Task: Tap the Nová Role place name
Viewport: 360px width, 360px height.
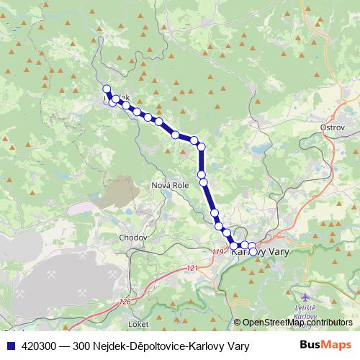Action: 170,185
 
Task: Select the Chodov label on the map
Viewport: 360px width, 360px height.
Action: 133,237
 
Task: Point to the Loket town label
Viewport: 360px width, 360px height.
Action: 140,314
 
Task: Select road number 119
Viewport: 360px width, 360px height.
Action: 218,251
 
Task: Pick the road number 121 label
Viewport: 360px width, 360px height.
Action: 191,268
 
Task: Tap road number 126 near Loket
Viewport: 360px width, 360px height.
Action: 126,302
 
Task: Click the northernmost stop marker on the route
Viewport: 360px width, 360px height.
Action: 107,89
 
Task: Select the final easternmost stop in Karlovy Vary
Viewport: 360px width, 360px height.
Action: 252,247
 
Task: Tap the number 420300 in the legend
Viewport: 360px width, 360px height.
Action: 40,346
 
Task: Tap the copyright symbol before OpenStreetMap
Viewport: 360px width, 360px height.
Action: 238,323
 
